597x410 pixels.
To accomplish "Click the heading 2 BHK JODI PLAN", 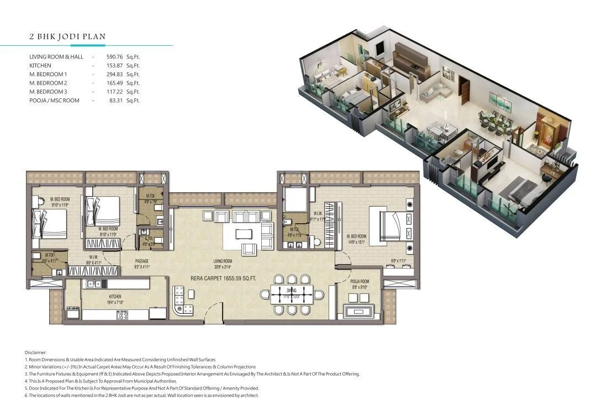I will point(67,37).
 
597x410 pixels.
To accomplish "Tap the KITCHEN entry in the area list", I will point(40,66).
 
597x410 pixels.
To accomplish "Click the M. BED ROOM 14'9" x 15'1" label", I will point(357,239).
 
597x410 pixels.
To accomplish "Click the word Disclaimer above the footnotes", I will point(36,352).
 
